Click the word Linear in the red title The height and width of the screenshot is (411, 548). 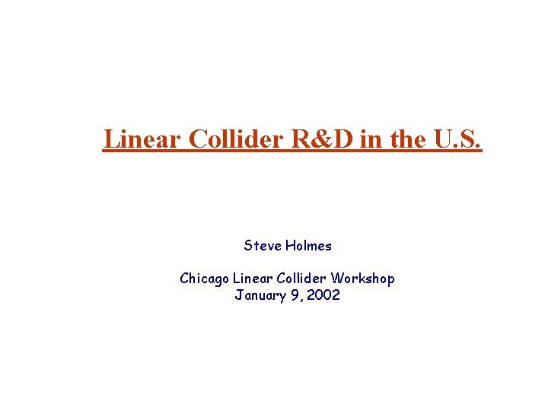142,139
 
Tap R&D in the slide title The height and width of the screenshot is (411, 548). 320,139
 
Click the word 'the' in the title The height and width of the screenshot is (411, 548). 404,139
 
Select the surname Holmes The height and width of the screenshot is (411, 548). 308,246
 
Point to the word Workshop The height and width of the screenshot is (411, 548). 362,279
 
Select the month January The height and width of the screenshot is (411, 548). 259,295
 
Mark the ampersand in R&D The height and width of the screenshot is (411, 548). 320,139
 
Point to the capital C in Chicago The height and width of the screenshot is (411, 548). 184,279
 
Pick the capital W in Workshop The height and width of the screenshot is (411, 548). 336,279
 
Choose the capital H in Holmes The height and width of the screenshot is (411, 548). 289,246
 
